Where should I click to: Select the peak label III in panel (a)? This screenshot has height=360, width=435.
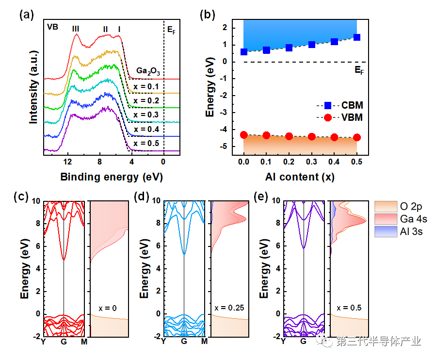coord(76,29)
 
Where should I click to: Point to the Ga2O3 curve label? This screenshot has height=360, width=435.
coord(148,71)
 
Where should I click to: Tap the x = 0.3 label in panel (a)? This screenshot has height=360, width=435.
coord(146,115)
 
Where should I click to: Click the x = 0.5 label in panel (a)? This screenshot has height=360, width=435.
coord(146,144)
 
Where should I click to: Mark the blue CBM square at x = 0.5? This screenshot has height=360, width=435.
coord(357,37)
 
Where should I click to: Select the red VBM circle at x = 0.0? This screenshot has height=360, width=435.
coord(244,135)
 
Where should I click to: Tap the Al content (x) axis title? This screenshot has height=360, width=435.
coord(300,177)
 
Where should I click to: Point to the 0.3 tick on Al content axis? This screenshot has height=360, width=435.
coord(311,162)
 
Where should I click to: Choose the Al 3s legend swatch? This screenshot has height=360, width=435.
coord(386,231)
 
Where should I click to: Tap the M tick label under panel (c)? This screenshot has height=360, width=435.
coord(84,342)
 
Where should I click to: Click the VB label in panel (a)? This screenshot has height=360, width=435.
coord(52,27)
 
